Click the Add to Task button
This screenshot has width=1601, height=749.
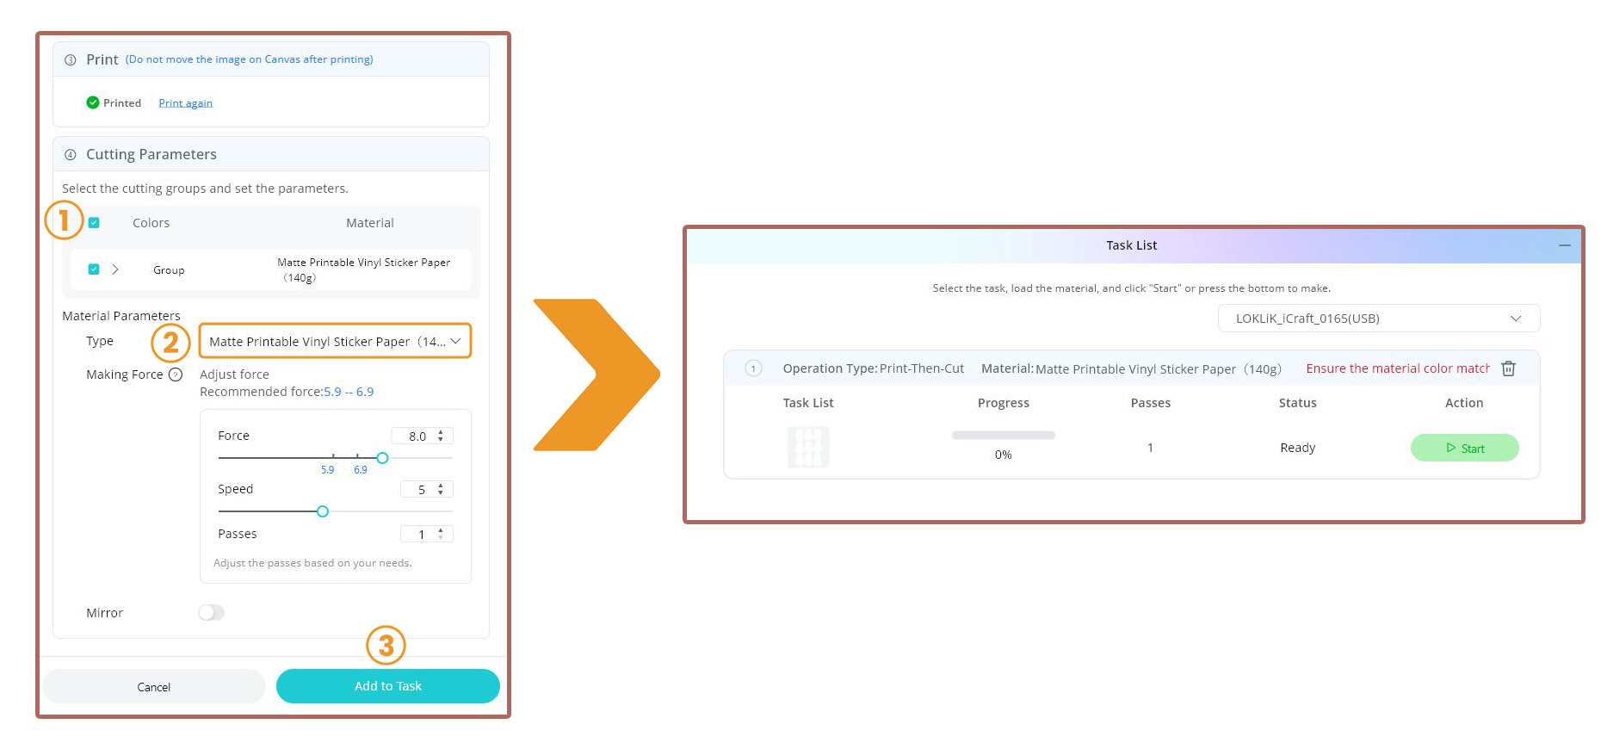[x=387, y=686]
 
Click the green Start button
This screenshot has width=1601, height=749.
[x=1464, y=448]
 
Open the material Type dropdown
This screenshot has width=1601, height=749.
[x=335, y=341]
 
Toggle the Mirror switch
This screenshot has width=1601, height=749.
[x=211, y=612]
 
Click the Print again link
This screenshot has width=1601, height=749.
[x=185, y=103]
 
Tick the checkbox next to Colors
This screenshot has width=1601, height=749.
[x=94, y=223]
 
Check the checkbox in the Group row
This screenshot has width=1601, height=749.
[x=94, y=269]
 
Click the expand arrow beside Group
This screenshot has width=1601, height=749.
[x=115, y=269]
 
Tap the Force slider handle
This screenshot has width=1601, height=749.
[x=382, y=458]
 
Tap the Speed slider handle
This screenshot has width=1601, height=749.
[x=323, y=511]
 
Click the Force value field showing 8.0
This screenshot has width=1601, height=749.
[x=422, y=436]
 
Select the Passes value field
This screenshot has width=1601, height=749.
[x=426, y=535]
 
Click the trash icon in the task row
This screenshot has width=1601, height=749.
[x=1508, y=368]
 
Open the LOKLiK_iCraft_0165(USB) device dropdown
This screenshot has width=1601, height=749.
[x=1379, y=319]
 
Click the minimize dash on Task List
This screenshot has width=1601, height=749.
[x=1564, y=245]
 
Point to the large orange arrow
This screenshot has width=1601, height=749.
[x=596, y=374]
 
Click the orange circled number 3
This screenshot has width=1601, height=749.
[x=386, y=645]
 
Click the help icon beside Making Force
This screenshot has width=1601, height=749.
[x=176, y=374]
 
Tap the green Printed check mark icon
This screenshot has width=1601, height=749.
[x=93, y=102]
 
